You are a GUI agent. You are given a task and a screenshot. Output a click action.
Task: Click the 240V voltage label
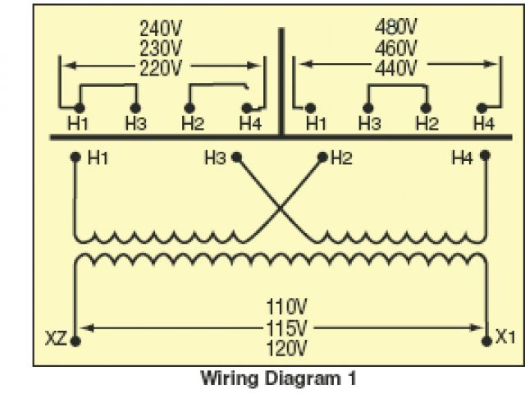(161, 28)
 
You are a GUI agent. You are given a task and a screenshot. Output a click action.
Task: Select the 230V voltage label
(161, 48)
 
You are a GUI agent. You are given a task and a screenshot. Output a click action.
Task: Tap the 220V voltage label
(161, 67)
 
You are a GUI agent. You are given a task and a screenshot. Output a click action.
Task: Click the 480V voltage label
(397, 28)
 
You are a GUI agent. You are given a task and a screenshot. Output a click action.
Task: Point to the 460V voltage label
(397, 48)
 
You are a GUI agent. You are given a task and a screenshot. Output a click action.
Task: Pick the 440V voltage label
(397, 67)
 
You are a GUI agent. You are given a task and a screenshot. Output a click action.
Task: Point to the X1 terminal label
(505, 337)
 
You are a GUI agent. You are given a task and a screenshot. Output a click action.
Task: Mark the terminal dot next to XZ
(75, 338)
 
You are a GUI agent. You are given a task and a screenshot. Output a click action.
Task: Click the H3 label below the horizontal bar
(215, 157)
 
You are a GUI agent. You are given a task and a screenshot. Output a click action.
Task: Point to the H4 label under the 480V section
(484, 124)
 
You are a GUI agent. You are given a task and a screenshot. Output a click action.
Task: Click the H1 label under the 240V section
(78, 124)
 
